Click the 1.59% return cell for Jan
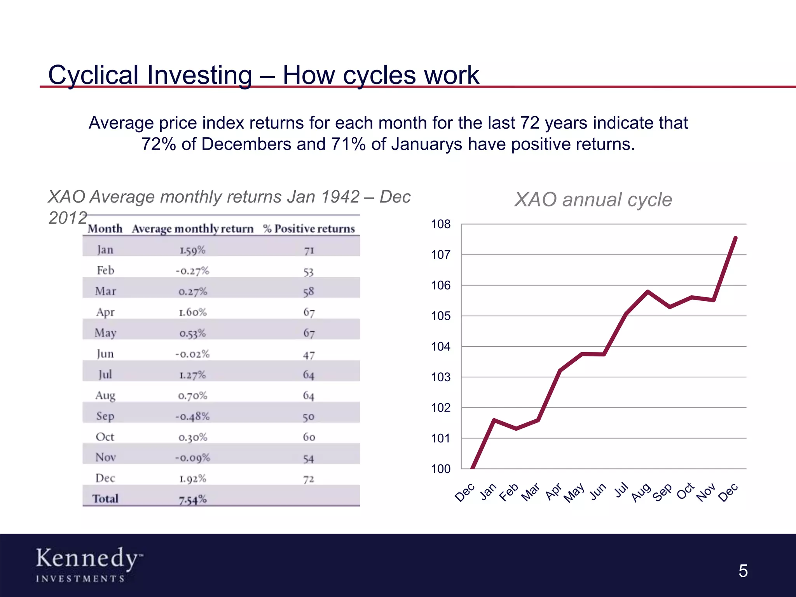(192, 250)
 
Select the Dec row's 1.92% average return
(192, 478)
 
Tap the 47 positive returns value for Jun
(309, 355)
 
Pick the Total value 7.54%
(192, 499)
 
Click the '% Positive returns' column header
(309, 229)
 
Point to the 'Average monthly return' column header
(192, 229)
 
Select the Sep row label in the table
(105, 416)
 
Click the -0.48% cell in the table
(192, 416)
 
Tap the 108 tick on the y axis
(441, 224)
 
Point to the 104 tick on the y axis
(441, 346)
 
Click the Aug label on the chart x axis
(641, 492)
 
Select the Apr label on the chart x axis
(553, 492)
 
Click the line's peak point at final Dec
(736, 238)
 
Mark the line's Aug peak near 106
(648, 291)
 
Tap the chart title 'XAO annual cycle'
(593, 200)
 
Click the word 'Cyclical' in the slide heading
(93, 75)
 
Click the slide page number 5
(743, 571)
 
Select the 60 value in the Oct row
(309, 437)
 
